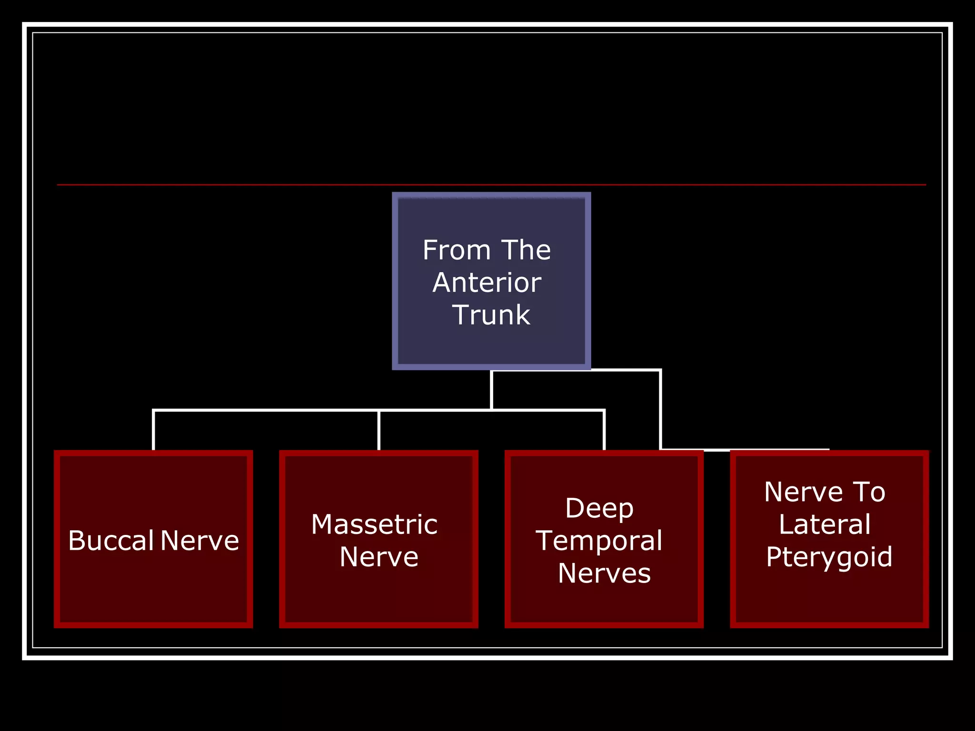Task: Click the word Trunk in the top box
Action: pyautogui.click(x=491, y=315)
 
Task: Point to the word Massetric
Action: pyautogui.click(x=374, y=524)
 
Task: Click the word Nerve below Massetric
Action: pyautogui.click(x=379, y=557)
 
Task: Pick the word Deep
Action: pyautogui.click(x=599, y=508)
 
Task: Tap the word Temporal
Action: pyautogui.click(x=599, y=541)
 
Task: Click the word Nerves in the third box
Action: pyautogui.click(x=604, y=573)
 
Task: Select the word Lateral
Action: pyautogui.click(x=825, y=524)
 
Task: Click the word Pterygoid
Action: pyautogui.click(x=829, y=557)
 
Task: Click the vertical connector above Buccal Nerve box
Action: pyautogui.click(x=153, y=430)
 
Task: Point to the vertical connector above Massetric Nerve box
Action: pyautogui.click(x=379, y=430)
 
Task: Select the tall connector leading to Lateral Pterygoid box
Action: pyautogui.click(x=661, y=409)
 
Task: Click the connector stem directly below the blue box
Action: pyautogui.click(x=491, y=389)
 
